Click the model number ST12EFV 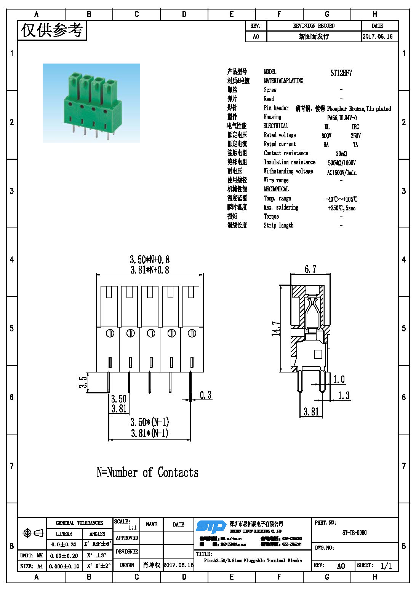click(x=341, y=73)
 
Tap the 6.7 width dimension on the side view click(x=310, y=269)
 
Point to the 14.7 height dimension click(x=276, y=328)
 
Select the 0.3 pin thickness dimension click(x=205, y=395)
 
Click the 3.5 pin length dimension click(x=83, y=382)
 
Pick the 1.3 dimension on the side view click(x=344, y=396)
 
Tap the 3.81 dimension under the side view click(x=311, y=412)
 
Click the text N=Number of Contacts click(x=147, y=473)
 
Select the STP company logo click(x=211, y=527)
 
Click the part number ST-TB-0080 click(x=354, y=533)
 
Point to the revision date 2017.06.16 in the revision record click(x=377, y=37)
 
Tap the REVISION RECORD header click(x=314, y=26)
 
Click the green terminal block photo click(x=91, y=103)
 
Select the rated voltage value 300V click(x=326, y=136)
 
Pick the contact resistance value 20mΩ click(x=341, y=154)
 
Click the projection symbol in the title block click(x=33, y=533)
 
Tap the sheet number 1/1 click(x=386, y=566)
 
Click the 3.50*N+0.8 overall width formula click(x=150, y=259)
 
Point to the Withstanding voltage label click(x=288, y=171)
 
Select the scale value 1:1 click(x=132, y=528)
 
